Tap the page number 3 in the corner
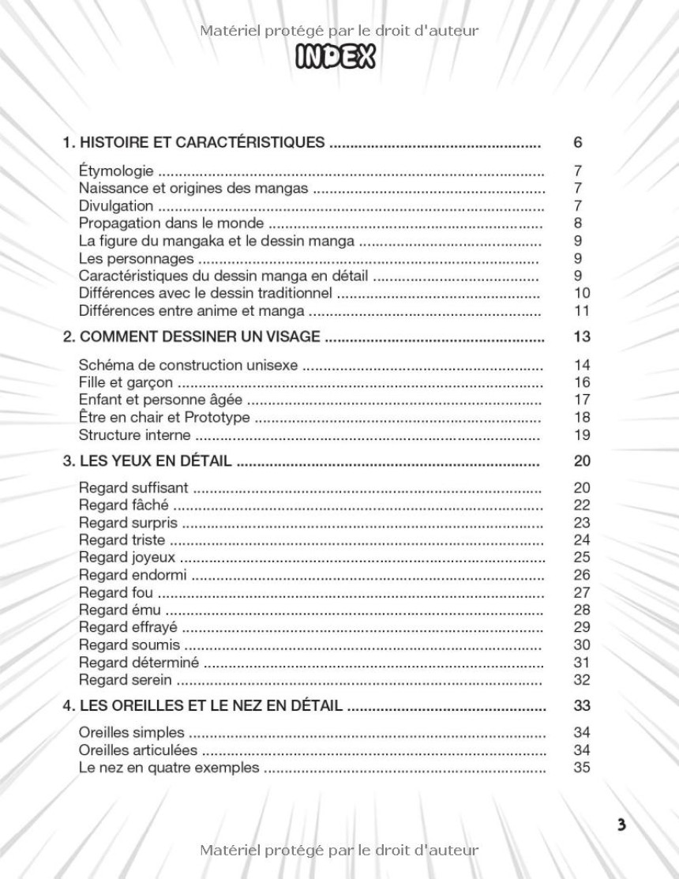622,825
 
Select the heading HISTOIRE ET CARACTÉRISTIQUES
194,143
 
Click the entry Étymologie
116,171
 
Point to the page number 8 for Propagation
578,224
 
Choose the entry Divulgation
116,206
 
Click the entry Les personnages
136,258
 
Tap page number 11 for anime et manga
582,310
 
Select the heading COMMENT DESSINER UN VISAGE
192,337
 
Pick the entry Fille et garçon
126,383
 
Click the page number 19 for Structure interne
582,435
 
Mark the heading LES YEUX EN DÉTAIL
147,461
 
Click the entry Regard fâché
123,505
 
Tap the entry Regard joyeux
127,558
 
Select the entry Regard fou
115,592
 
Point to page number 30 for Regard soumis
582,644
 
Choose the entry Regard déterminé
139,662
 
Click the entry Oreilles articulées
138,749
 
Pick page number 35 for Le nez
582,767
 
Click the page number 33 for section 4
582,705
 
